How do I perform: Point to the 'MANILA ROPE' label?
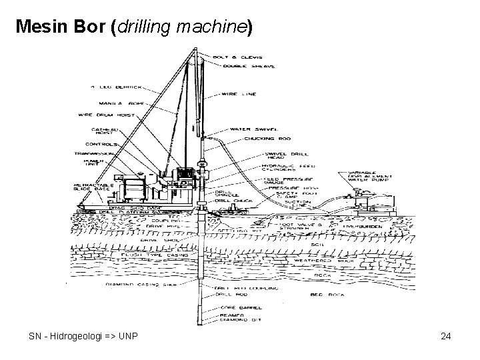(x=124, y=103)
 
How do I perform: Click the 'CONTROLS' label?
(x=102, y=143)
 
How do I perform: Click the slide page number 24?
(x=446, y=336)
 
